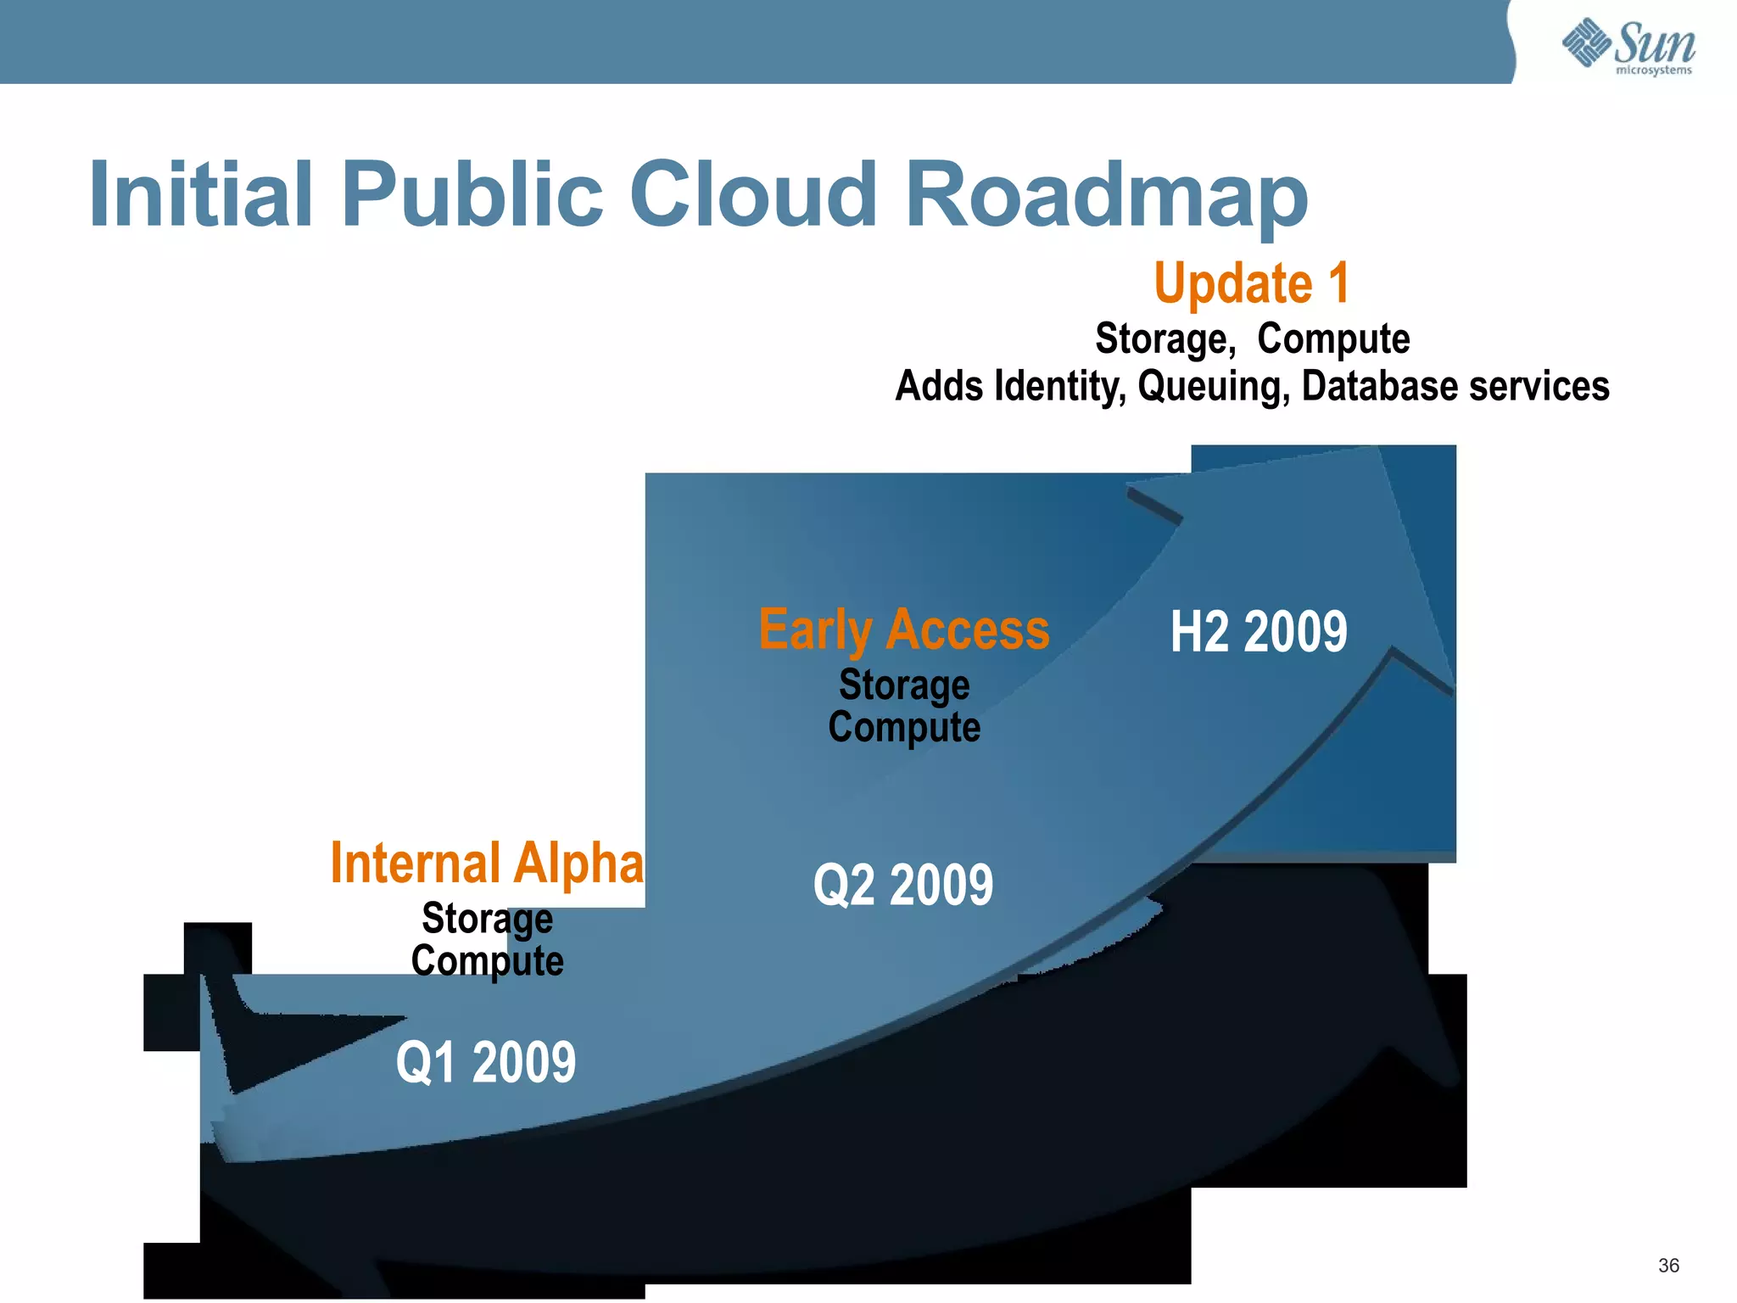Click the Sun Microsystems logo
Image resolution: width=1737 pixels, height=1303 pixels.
[1628, 46]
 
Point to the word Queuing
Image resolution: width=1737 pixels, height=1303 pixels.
[1214, 387]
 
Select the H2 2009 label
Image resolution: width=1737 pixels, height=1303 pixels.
[1259, 631]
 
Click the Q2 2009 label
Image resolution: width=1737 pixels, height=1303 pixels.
[903, 885]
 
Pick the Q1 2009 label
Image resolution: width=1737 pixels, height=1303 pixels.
[486, 1062]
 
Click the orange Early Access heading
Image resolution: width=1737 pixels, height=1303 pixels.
[904, 629]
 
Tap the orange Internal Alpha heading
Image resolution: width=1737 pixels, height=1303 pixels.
[487, 863]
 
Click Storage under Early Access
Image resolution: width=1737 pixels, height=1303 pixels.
[904, 685]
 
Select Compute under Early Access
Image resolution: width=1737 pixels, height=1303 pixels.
[904, 727]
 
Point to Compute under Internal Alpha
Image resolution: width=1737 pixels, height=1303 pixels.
[487, 961]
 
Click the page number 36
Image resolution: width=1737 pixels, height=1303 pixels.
[1668, 1266]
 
